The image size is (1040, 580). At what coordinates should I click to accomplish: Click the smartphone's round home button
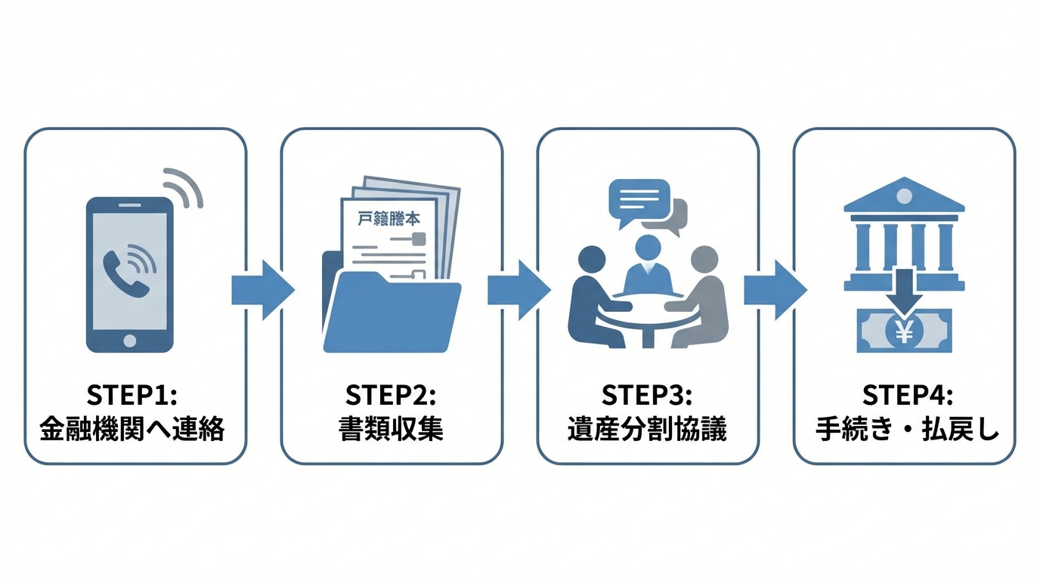coord(129,341)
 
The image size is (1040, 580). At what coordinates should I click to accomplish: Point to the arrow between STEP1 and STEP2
coord(262,290)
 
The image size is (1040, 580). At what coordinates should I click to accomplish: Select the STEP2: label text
coord(391,396)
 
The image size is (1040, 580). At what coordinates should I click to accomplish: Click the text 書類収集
coord(391,430)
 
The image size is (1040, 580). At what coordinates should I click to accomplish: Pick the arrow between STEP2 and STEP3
coord(518,290)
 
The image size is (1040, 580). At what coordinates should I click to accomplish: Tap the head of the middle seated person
coord(647,247)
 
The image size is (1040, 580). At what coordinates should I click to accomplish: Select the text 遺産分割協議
coord(647,430)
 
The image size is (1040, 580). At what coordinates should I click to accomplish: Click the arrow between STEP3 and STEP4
coord(774,290)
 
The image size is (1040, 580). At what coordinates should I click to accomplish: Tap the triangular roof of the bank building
coord(904,196)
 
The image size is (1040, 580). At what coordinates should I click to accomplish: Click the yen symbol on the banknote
coord(904,330)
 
